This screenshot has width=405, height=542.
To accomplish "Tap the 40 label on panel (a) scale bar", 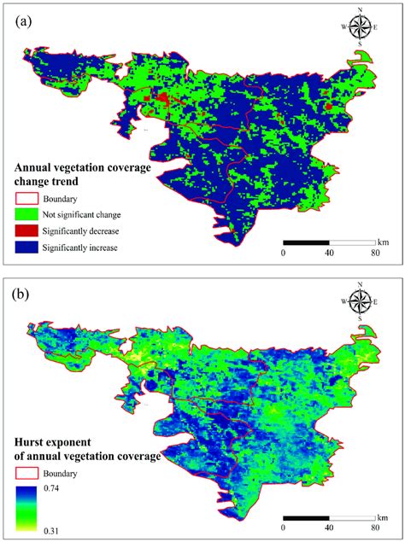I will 330,253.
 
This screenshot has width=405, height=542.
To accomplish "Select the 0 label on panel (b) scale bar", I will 284,530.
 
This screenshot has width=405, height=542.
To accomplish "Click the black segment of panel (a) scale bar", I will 307,242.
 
